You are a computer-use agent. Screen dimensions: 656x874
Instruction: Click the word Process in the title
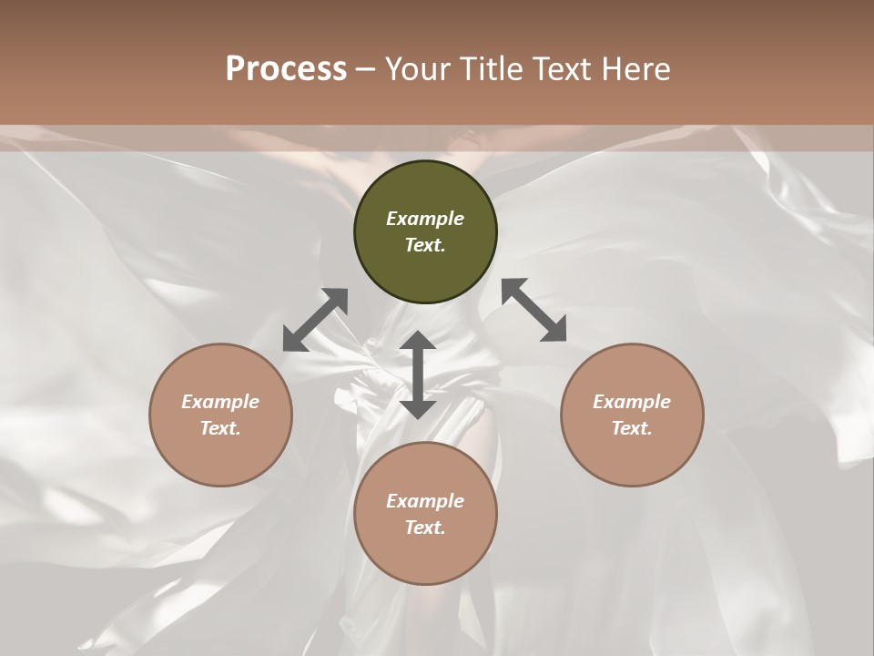[x=286, y=69]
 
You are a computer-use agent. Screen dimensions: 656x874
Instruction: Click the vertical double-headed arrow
[x=418, y=374]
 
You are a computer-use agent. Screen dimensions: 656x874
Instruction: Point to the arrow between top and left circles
[x=316, y=319]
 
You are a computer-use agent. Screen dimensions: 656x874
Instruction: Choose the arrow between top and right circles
[x=534, y=310]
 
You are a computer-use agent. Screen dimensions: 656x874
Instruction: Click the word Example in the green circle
[x=425, y=219]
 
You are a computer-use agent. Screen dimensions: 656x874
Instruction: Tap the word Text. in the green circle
[x=425, y=245]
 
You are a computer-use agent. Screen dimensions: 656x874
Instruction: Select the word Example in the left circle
[x=220, y=402]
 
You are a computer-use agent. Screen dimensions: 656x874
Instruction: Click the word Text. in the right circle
[x=632, y=428]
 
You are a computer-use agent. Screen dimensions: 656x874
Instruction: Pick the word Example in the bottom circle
[x=425, y=501]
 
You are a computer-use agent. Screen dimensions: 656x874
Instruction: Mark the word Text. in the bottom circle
[x=425, y=528]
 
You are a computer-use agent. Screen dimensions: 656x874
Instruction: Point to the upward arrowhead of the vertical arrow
[x=418, y=341]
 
